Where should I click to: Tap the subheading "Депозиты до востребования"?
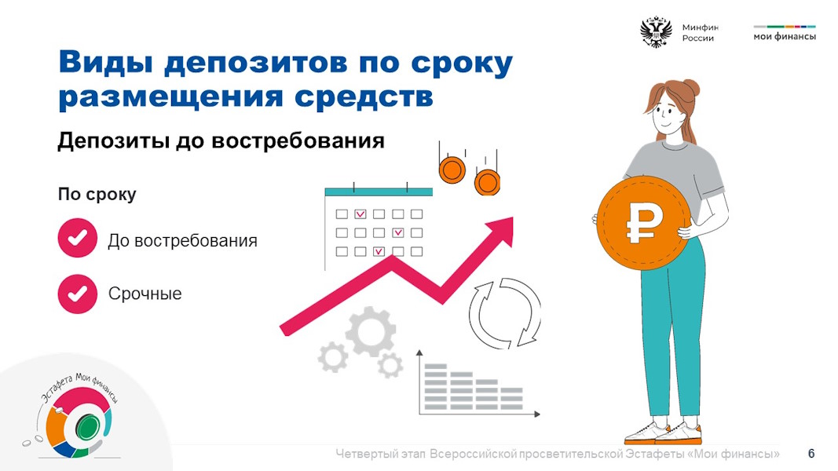pos(221,141)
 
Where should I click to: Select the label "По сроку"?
pos(97,195)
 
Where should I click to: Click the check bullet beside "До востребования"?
pos(78,238)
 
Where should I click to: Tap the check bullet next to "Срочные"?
pos(78,294)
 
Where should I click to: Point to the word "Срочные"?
pos(145,294)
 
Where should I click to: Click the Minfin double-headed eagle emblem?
pos(656,32)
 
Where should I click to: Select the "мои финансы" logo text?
pos(785,36)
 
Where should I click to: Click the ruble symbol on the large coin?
pos(644,222)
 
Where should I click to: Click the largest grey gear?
pos(371,331)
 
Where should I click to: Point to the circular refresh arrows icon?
pos(505,313)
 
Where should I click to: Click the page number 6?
pos(811,454)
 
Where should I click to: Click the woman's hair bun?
pos(690,87)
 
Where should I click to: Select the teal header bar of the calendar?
pos(379,192)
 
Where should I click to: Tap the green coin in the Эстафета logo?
pos(87,427)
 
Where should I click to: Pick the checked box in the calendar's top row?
pos(360,214)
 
